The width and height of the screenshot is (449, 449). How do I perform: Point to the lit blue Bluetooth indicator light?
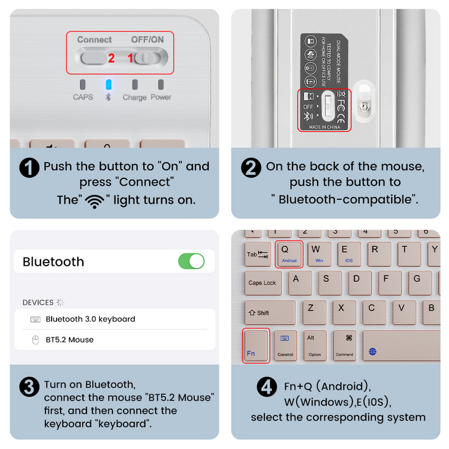109,85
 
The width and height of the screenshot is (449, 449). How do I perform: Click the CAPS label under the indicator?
83,97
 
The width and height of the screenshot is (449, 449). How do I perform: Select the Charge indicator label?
134,97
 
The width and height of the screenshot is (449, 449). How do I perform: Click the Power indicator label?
161,97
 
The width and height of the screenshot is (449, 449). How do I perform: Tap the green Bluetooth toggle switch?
191,261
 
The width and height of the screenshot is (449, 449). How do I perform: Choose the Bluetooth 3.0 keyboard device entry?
90,319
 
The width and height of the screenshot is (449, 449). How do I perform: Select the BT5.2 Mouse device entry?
69,340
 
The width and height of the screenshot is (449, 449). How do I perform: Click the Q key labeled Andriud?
289,254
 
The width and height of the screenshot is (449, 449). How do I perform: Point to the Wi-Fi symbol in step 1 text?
94,201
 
